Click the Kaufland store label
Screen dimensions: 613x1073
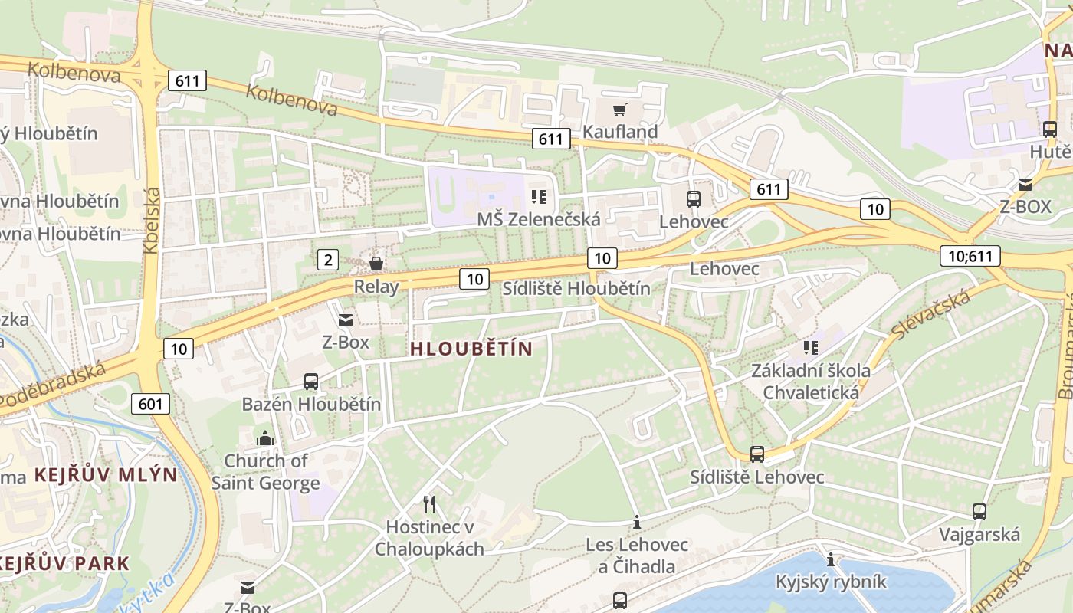[x=620, y=132]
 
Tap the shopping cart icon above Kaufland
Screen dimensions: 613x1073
[x=619, y=110]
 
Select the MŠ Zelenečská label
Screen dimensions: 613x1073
[x=538, y=219]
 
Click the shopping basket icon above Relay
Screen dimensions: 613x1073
[x=376, y=264]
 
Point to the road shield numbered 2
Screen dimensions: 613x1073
[x=328, y=260]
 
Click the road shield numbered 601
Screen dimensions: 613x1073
[x=150, y=403]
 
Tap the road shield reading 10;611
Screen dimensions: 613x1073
[x=970, y=256]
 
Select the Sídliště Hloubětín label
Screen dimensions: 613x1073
[x=576, y=289]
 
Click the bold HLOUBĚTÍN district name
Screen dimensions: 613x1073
[x=471, y=349]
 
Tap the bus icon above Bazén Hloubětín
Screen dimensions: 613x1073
[x=311, y=381]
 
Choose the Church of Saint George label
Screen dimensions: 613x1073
[x=265, y=471]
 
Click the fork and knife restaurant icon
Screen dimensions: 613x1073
[x=429, y=503]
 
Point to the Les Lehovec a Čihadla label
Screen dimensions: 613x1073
[x=637, y=556]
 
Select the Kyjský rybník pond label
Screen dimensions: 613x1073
[x=831, y=582]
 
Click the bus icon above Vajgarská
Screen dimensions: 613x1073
[x=979, y=512]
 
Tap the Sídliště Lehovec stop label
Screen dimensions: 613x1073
[x=756, y=477]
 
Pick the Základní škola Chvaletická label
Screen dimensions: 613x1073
[x=810, y=382]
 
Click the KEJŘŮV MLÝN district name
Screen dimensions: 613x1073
[x=106, y=474]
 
